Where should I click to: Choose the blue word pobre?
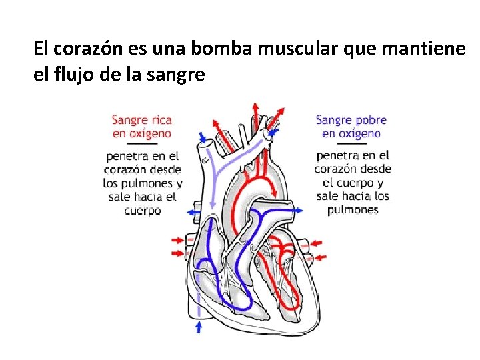[x=370, y=120]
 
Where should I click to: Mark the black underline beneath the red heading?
[x=141, y=144]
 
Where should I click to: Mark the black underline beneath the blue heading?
[x=351, y=144]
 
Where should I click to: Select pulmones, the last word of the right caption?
[x=353, y=209]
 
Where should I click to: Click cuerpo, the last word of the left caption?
[x=143, y=211]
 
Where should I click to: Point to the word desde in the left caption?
[x=165, y=169]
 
